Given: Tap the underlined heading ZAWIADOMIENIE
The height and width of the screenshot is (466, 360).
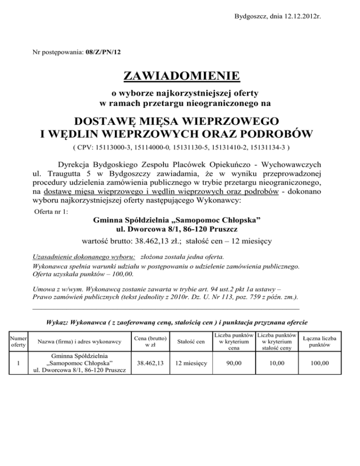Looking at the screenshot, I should [x=180, y=75].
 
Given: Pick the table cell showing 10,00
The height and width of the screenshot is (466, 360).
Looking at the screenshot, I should [x=278, y=363].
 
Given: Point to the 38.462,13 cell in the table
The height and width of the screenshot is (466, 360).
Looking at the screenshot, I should [x=149, y=363].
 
